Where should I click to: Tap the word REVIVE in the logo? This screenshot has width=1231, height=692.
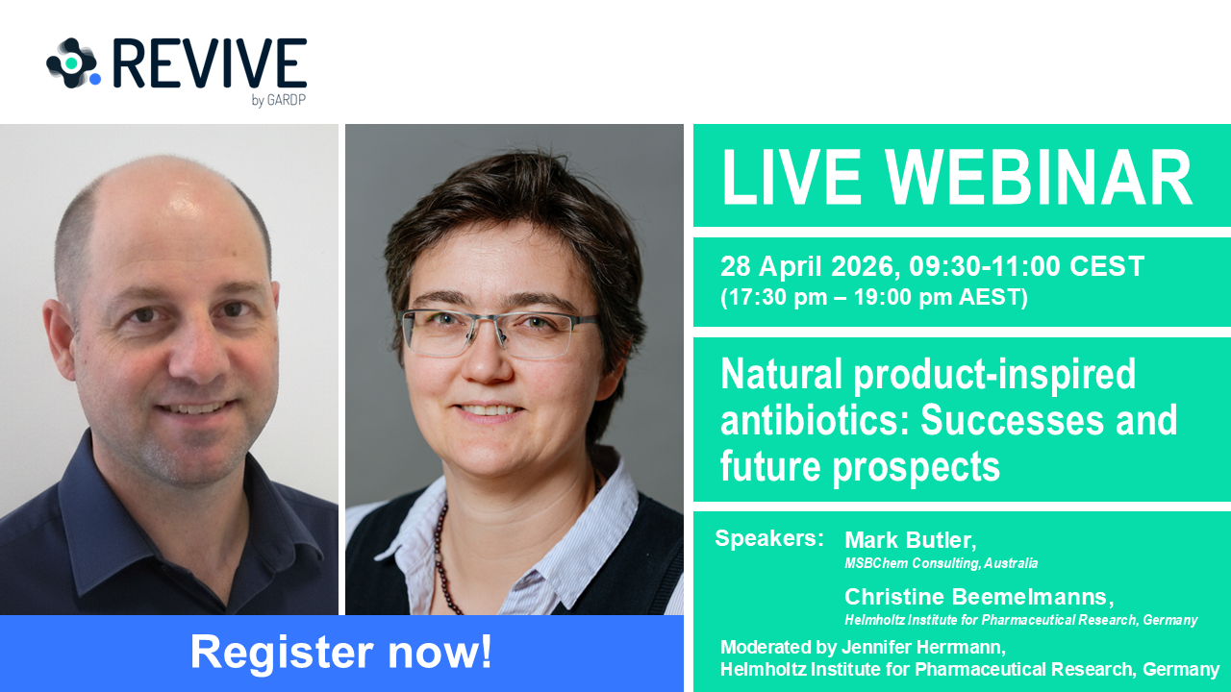coord(211,63)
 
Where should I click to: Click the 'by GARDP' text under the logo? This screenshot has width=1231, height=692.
coord(278,100)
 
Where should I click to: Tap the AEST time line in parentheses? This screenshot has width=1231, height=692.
coord(874,297)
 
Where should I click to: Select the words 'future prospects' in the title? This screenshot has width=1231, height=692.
coord(860,466)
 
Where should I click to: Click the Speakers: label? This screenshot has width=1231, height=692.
coord(768,538)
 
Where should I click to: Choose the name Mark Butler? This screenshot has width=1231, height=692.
coord(909,540)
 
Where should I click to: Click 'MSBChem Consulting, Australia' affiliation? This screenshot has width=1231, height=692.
coord(941,563)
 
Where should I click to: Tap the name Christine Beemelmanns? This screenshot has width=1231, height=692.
coord(977,597)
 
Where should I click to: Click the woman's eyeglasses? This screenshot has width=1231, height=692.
coord(500,331)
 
